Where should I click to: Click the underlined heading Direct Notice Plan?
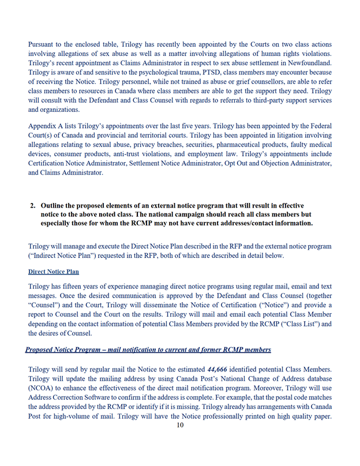[54, 272]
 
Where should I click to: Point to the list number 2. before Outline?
[32, 206]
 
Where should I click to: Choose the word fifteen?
[82, 287]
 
